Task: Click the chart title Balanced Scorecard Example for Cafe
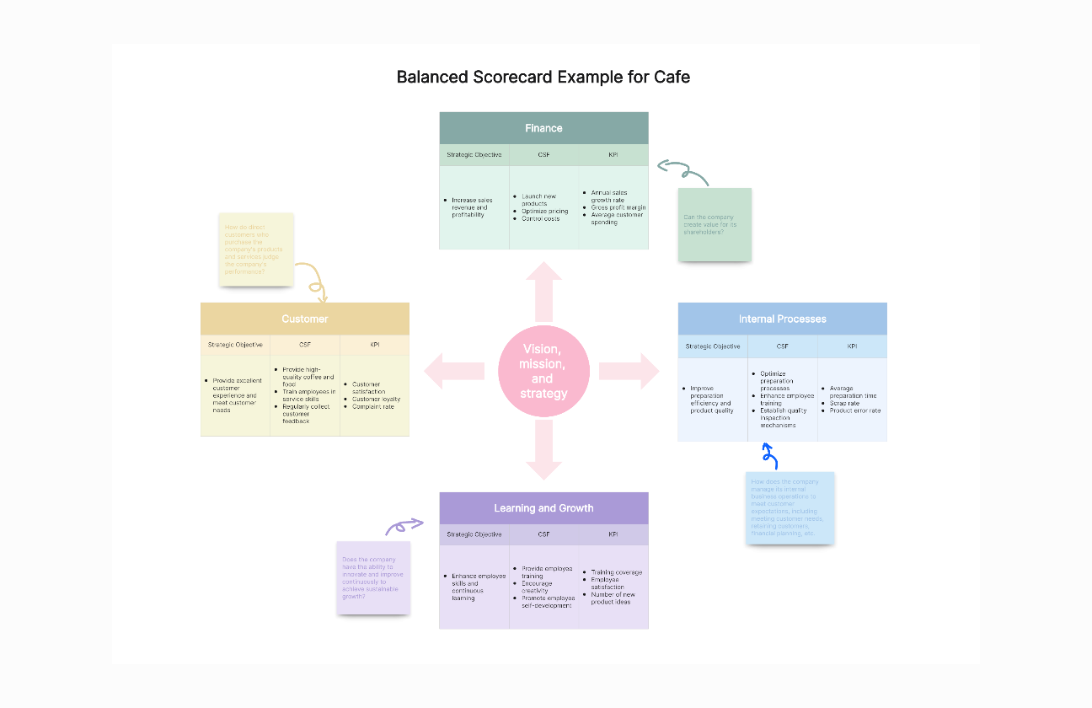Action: point(543,78)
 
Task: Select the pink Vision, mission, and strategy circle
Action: point(543,372)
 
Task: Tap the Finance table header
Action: point(543,128)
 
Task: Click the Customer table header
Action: point(305,319)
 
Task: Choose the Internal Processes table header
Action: point(782,319)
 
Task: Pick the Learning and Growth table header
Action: point(543,508)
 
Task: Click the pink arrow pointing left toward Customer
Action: point(453,371)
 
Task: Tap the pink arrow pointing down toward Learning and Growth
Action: point(543,452)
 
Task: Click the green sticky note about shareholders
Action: point(715,224)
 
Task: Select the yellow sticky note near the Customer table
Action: point(256,249)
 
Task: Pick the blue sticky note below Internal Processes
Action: point(790,507)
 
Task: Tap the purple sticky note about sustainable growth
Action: point(373,577)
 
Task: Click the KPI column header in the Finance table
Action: point(613,155)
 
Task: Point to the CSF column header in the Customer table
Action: point(305,345)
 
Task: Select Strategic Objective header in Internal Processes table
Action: point(713,346)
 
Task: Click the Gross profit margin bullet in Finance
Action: point(618,207)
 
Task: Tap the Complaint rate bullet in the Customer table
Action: point(373,407)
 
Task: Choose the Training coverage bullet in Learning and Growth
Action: point(617,572)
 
